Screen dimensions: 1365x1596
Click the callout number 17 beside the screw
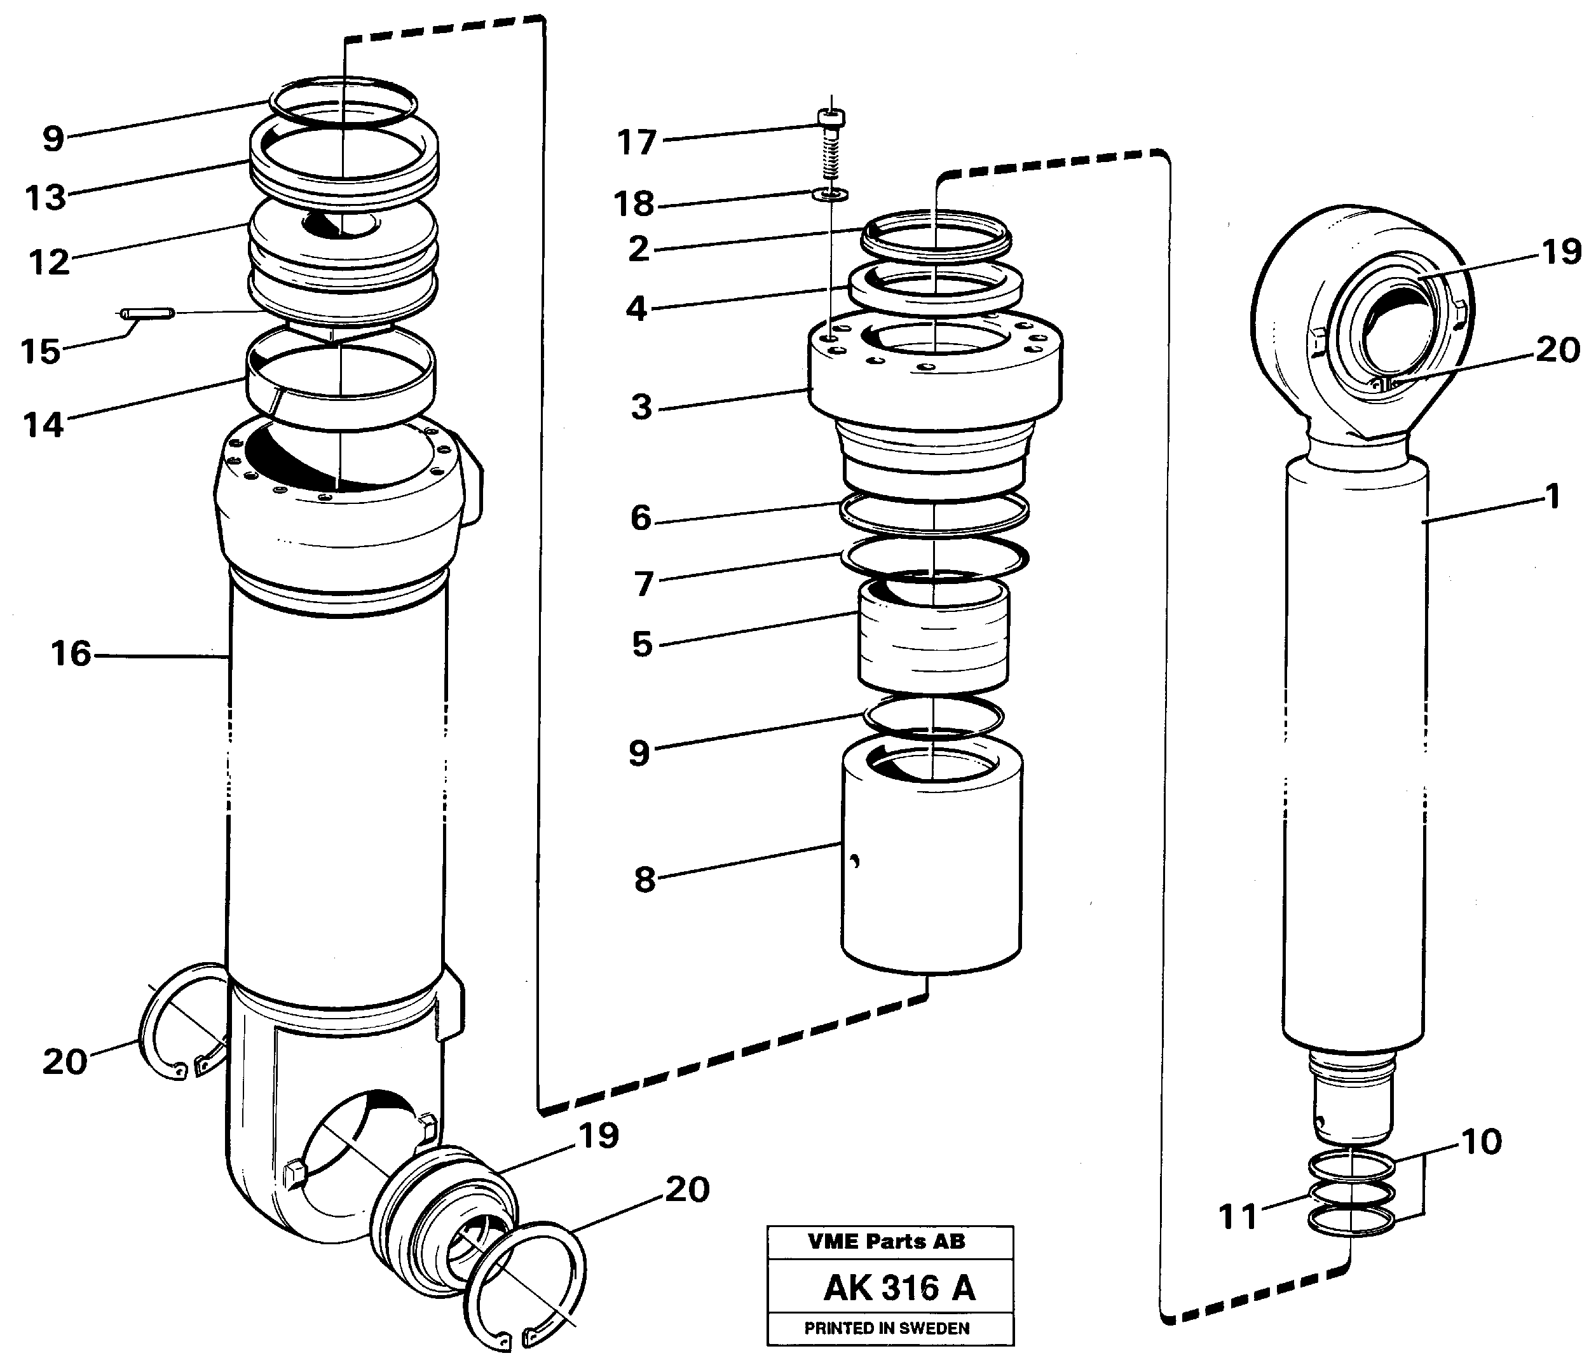coord(636,142)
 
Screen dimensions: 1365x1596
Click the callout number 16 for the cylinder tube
coord(71,654)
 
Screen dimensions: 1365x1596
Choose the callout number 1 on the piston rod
coord(1553,496)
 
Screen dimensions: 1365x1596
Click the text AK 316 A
coord(898,1287)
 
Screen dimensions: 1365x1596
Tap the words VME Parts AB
coord(886,1241)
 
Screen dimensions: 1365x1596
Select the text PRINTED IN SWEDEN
coord(887,1328)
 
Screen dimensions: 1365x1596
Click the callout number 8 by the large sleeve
coord(645,879)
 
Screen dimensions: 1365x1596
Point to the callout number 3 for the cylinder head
coord(641,407)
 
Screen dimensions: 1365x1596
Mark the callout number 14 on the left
coord(43,424)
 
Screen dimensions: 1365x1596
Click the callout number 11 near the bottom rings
coord(1238,1217)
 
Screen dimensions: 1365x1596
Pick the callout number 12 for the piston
coord(48,262)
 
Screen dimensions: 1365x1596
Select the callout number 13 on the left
coord(46,198)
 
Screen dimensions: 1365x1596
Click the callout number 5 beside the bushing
coord(641,644)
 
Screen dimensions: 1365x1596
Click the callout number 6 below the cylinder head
coord(641,518)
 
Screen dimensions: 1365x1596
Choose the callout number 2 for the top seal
coord(639,249)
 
